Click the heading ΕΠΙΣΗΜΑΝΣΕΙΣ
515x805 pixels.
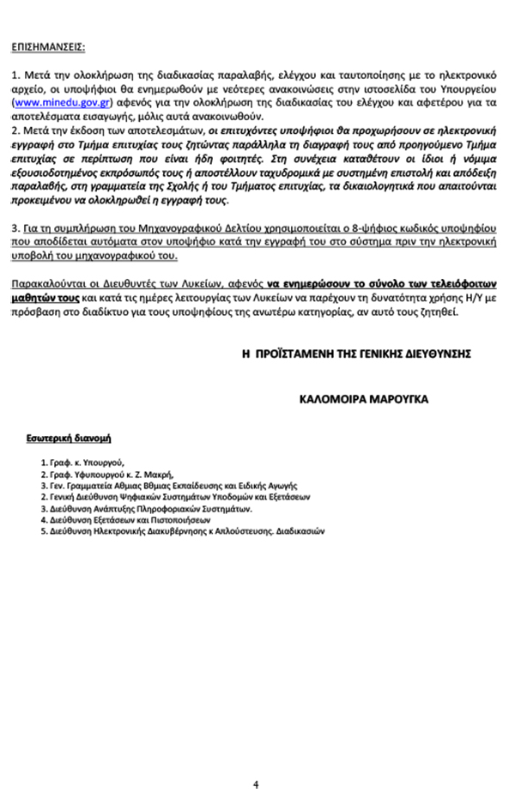[x=49, y=45]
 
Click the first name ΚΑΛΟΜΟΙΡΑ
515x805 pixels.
[x=329, y=399]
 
